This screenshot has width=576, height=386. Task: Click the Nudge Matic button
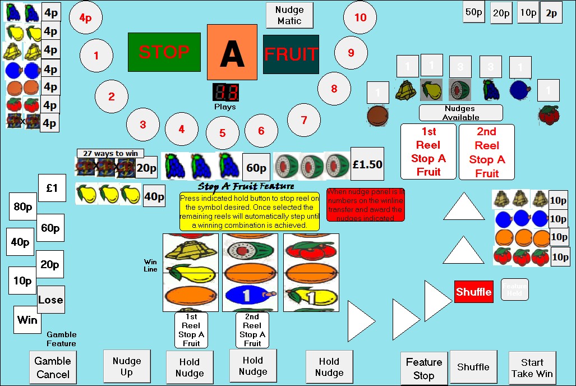click(289, 16)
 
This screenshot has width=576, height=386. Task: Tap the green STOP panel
click(164, 52)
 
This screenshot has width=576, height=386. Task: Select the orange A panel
click(232, 52)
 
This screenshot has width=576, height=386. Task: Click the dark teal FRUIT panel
click(291, 54)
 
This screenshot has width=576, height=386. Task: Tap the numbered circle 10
click(360, 17)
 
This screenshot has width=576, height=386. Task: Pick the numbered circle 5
click(222, 133)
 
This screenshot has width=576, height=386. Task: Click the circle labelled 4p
click(85, 18)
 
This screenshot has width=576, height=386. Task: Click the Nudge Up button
click(127, 366)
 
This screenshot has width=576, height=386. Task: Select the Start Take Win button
click(532, 368)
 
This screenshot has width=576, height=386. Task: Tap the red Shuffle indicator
click(474, 292)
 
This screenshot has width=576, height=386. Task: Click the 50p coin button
click(473, 12)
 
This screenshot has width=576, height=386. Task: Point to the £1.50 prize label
click(367, 164)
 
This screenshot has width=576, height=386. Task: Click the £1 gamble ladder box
click(52, 189)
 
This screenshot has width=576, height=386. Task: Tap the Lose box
click(50, 300)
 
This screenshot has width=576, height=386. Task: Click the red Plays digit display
click(225, 93)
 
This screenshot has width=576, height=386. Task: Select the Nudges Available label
click(460, 113)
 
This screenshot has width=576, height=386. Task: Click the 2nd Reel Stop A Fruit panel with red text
click(486, 152)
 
